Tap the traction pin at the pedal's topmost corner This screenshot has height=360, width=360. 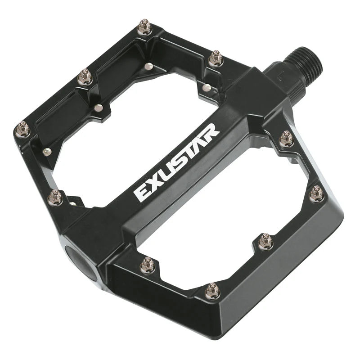click(x=145, y=23)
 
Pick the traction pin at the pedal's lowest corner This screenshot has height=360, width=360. click(x=210, y=292)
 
